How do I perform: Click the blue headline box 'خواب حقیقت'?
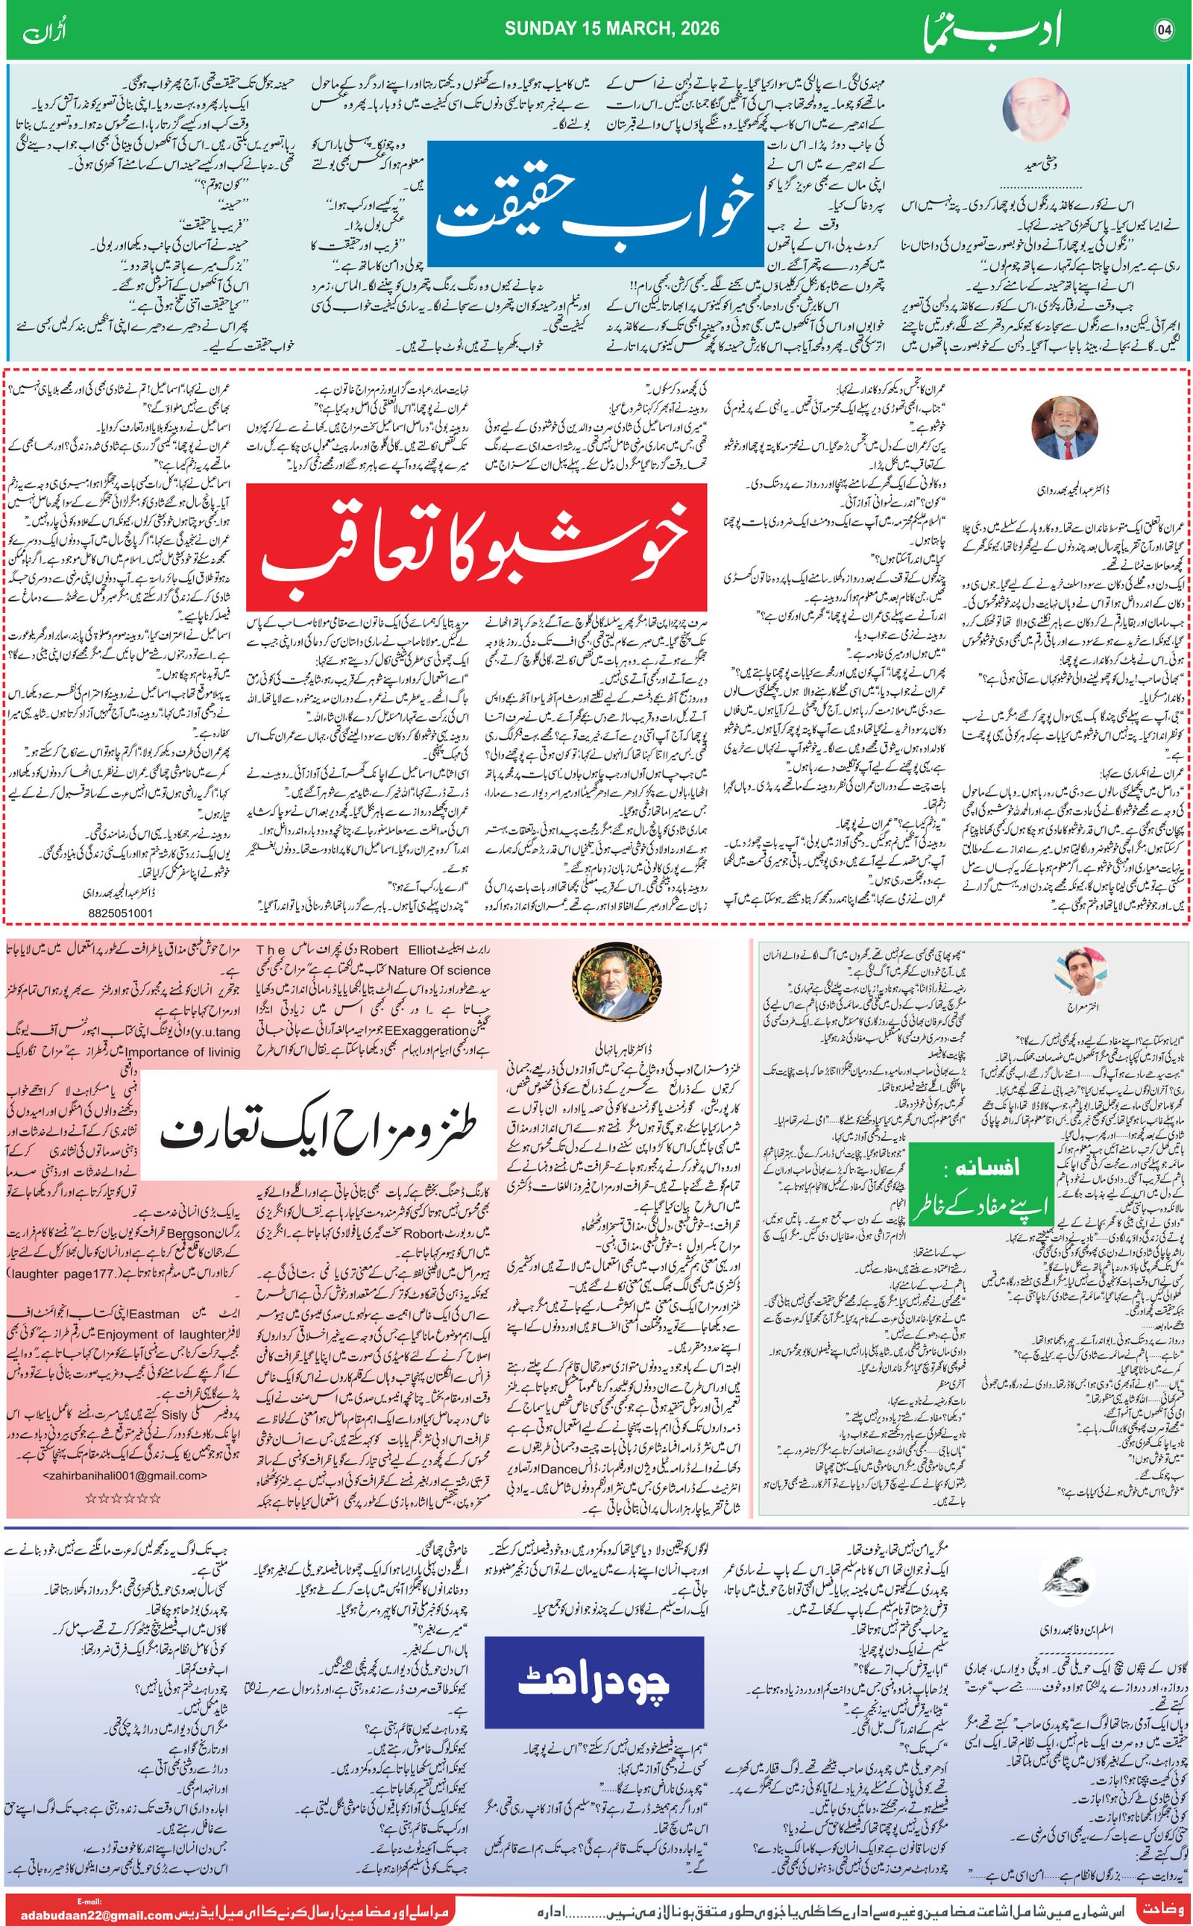[x=596, y=204]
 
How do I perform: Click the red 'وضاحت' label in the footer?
[x=1160, y=1902]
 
